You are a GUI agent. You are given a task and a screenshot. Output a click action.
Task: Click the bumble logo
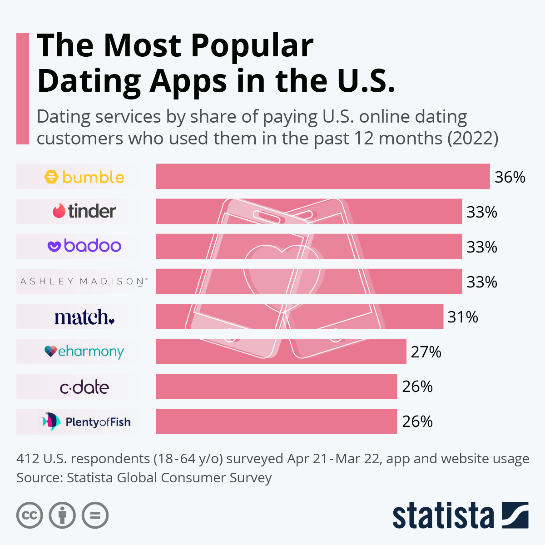(84, 177)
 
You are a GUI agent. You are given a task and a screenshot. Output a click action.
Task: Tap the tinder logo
(84, 211)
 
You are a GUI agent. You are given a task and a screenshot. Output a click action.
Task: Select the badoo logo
(84, 246)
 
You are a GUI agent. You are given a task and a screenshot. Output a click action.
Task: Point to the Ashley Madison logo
(84, 282)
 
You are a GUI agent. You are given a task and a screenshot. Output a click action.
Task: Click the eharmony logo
(84, 352)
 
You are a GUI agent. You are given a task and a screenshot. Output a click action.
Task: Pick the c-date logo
(84, 387)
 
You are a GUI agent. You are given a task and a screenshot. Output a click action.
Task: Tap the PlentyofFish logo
(86, 422)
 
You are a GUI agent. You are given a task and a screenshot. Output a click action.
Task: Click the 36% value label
(510, 177)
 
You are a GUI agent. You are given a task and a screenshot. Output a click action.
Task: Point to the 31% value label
(463, 317)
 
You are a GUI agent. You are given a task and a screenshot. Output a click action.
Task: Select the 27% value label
(426, 352)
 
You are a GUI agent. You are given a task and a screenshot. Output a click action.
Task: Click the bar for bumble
(322, 176)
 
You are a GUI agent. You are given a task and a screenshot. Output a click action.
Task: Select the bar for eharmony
(281, 351)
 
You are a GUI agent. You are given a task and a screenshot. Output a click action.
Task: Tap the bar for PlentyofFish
(276, 421)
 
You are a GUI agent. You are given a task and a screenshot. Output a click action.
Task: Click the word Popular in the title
(252, 45)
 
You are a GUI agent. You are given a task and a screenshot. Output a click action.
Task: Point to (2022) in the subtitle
(473, 138)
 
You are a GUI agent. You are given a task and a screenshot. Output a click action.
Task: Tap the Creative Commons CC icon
(30, 515)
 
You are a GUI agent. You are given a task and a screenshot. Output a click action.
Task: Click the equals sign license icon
(95, 515)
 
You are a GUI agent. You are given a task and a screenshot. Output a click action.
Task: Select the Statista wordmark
(443, 516)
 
